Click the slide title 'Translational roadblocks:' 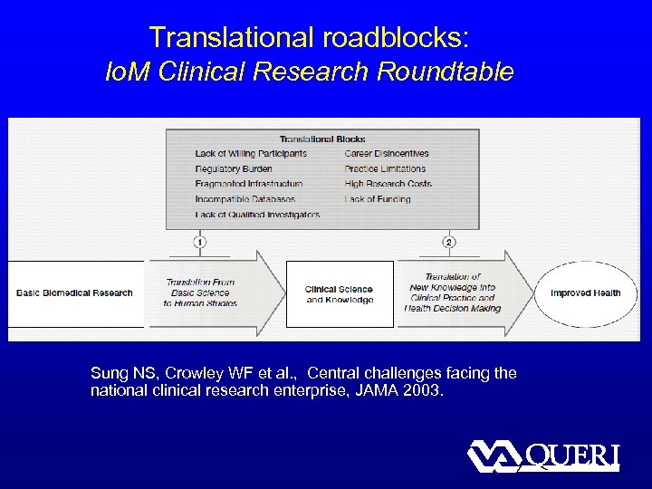click(x=310, y=37)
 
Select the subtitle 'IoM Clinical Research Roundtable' click(x=310, y=72)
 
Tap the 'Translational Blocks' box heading click(x=322, y=139)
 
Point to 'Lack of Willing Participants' click(x=251, y=153)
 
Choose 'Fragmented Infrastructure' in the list click(x=248, y=184)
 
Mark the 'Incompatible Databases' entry click(x=244, y=199)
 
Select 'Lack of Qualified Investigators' click(x=256, y=215)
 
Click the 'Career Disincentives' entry click(x=387, y=153)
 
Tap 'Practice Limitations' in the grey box click(x=385, y=168)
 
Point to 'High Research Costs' click(x=388, y=184)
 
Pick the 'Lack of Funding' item click(x=377, y=199)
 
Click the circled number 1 click(x=198, y=242)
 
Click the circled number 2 click(x=449, y=242)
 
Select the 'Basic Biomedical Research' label click(x=74, y=292)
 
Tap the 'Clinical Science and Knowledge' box click(x=340, y=294)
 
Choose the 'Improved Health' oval click(x=585, y=292)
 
